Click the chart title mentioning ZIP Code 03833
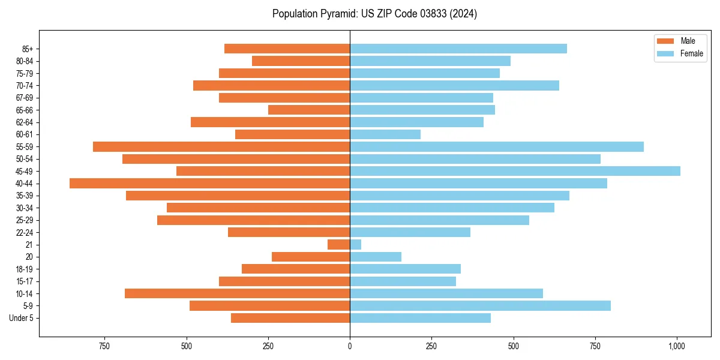tap(374, 14)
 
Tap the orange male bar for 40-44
tap(209, 183)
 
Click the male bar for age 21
tap(338, 244)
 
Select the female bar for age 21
tap(355, 244)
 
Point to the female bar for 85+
tap(458, 49)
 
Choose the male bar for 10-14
tap(237, 293)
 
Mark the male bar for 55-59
tap(221, 146)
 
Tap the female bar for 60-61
tap(385, 134)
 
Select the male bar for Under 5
tap(290, 318)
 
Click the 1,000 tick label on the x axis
tap(677, 346)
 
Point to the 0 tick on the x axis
tap(350, 346)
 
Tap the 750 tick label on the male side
tap(104, 346)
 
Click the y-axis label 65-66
tap(25, 110)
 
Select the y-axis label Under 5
tap(22, 318)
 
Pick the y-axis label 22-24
tap(25, 232)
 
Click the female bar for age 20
tap(376, 257)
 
